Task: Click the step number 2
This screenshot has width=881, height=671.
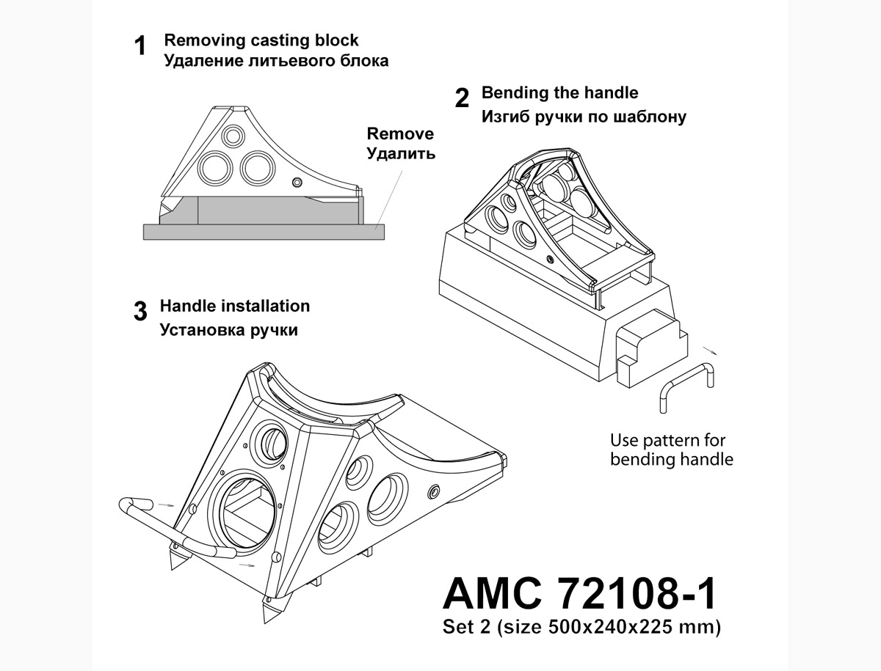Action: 462,98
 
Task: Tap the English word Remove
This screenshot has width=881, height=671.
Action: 400,134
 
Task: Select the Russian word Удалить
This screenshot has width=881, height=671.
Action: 400,154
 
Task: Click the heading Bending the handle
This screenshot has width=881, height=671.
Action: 559,93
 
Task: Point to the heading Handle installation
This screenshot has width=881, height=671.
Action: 235,306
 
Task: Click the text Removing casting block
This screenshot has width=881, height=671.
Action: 261,40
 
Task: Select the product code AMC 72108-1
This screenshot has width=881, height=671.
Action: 579,594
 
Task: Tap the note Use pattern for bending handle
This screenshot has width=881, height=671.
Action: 671,450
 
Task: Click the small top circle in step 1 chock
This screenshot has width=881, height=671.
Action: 233,136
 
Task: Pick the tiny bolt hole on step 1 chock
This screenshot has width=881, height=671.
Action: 297,182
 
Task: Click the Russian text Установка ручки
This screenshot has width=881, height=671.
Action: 228,330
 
